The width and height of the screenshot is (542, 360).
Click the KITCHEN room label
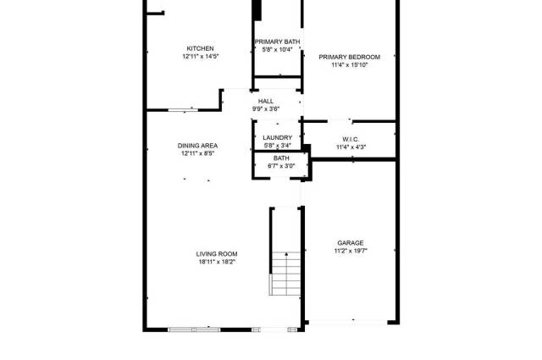click(200, 48)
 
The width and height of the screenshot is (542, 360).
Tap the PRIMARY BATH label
click(277, 42)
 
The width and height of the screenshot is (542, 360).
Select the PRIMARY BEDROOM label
click(350, 57)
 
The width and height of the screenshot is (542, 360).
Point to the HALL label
click(266, 102)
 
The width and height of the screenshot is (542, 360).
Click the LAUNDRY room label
click(277, 137)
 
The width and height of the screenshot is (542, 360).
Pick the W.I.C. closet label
click(351, 140)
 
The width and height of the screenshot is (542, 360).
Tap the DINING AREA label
click(197, 146)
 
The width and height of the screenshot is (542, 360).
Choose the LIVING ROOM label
click(217, 254)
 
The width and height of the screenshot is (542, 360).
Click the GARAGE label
click(351, 243)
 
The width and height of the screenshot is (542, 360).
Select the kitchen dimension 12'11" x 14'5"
click(201, 57)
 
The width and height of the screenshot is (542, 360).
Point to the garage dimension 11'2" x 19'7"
click(351, 251)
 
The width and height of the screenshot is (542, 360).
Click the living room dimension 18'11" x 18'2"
click(217, 262)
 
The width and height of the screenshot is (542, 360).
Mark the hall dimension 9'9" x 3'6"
click(266, 109)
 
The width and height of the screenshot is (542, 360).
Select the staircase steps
click(286, 274)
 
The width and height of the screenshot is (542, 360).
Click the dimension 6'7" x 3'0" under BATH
click(281, 166)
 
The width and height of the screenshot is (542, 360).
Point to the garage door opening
click(348, 322)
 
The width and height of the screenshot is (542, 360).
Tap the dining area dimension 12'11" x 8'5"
click(197, 153)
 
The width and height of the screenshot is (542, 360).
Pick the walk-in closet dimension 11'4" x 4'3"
click(351, 147)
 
